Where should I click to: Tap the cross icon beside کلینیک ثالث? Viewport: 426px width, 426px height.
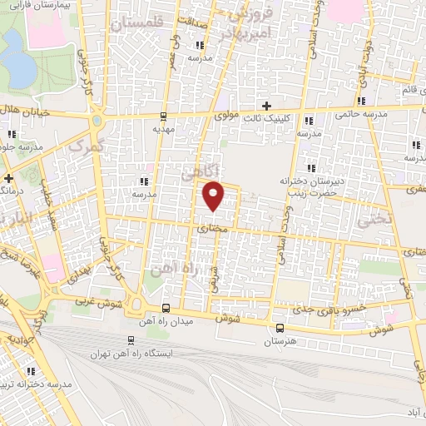point(266,106)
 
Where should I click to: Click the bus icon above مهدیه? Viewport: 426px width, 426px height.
point(163,116)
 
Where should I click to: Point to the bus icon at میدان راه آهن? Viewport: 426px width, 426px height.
point(165,307)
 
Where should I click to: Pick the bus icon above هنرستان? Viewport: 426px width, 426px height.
point(279,328)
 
